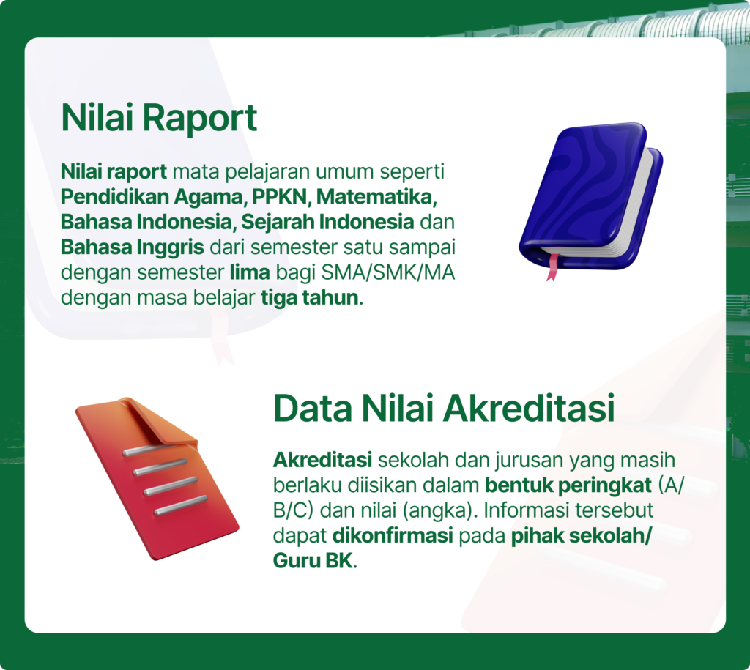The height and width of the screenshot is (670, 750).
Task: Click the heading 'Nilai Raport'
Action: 159,118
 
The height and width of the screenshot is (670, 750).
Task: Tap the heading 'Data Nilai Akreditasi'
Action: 444,408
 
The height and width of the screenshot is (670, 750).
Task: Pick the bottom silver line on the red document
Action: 181,505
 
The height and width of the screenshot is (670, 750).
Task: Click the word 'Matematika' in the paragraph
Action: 375,196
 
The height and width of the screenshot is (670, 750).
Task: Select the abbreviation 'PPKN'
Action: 281,196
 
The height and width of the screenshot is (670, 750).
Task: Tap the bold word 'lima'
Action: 250,272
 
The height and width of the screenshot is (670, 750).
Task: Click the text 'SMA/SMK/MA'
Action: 388,272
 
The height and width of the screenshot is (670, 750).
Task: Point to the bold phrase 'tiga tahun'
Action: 310,297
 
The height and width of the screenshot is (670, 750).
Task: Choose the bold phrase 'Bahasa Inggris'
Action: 133,247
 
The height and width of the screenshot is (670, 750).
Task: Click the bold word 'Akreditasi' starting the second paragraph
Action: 322,460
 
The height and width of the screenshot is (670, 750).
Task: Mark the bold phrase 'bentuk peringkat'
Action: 568,486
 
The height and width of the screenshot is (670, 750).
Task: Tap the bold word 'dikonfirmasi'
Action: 393,535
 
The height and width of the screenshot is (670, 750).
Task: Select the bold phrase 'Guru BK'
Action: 313,560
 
